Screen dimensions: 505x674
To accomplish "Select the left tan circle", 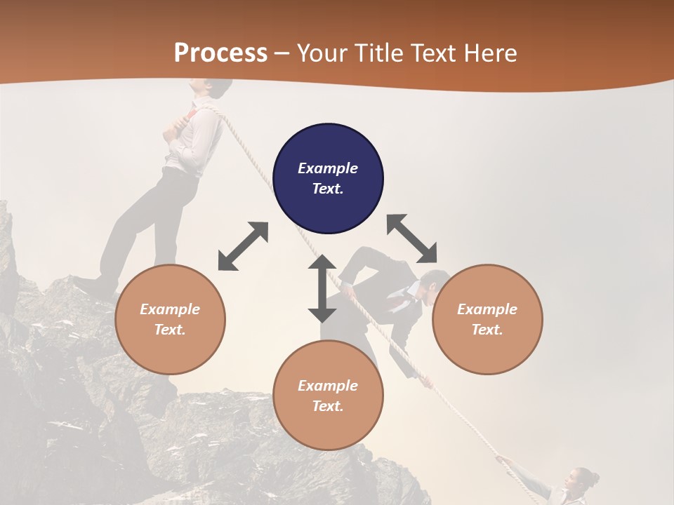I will coord(170,319).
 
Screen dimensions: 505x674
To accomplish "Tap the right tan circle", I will coord(487,319).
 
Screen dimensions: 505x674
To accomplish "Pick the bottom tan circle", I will coord(328,396).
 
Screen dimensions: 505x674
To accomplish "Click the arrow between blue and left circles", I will coord(243,246).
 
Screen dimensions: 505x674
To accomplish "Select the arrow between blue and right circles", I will coord(412,238).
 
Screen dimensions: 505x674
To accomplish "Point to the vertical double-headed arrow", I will coord(322,288).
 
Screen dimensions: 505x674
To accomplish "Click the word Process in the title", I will coord(220,53).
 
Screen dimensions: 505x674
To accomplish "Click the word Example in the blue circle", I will coord(328,168).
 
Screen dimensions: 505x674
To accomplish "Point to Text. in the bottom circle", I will coord(328,406).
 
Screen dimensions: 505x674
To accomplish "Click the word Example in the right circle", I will coord(487,309).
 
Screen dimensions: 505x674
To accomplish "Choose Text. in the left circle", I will coord(170,330).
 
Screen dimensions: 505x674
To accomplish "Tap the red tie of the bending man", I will coord(399,302).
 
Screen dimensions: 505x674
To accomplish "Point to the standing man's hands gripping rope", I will coord(177,125).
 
